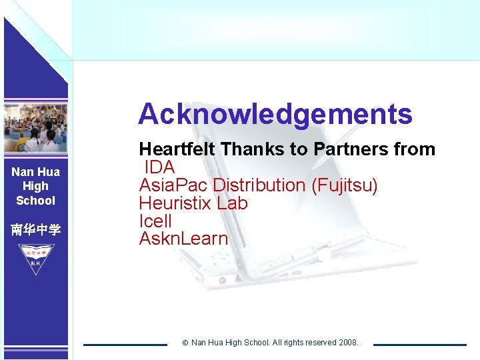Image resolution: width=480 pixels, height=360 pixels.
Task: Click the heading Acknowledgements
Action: [x=275, y=114]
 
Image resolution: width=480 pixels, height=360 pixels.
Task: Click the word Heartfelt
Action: [x=177, y=149]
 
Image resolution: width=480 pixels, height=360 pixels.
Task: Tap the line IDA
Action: [x=159, y=167]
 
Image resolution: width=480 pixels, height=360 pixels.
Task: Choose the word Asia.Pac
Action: [x=173, y=185]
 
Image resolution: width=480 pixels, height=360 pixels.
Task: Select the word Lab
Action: [x=233, y=203]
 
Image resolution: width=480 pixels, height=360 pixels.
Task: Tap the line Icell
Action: [x=155, y=221]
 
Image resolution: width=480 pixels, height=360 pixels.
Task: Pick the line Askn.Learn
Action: [x=183, y=239]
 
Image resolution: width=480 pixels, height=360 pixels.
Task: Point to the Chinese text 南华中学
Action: [x=35, y=230]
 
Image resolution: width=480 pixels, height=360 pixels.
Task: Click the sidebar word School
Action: [x=35, y=201]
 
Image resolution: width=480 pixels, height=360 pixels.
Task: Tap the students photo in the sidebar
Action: [x=35, y=127]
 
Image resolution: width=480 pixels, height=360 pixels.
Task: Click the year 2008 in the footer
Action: [x=348, y=343]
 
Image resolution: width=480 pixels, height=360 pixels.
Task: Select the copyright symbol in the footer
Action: [x=185, y=343]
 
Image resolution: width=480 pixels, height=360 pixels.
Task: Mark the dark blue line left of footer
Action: [x=125, y=345]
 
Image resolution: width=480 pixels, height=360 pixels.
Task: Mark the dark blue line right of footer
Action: [x=419, y=345]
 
